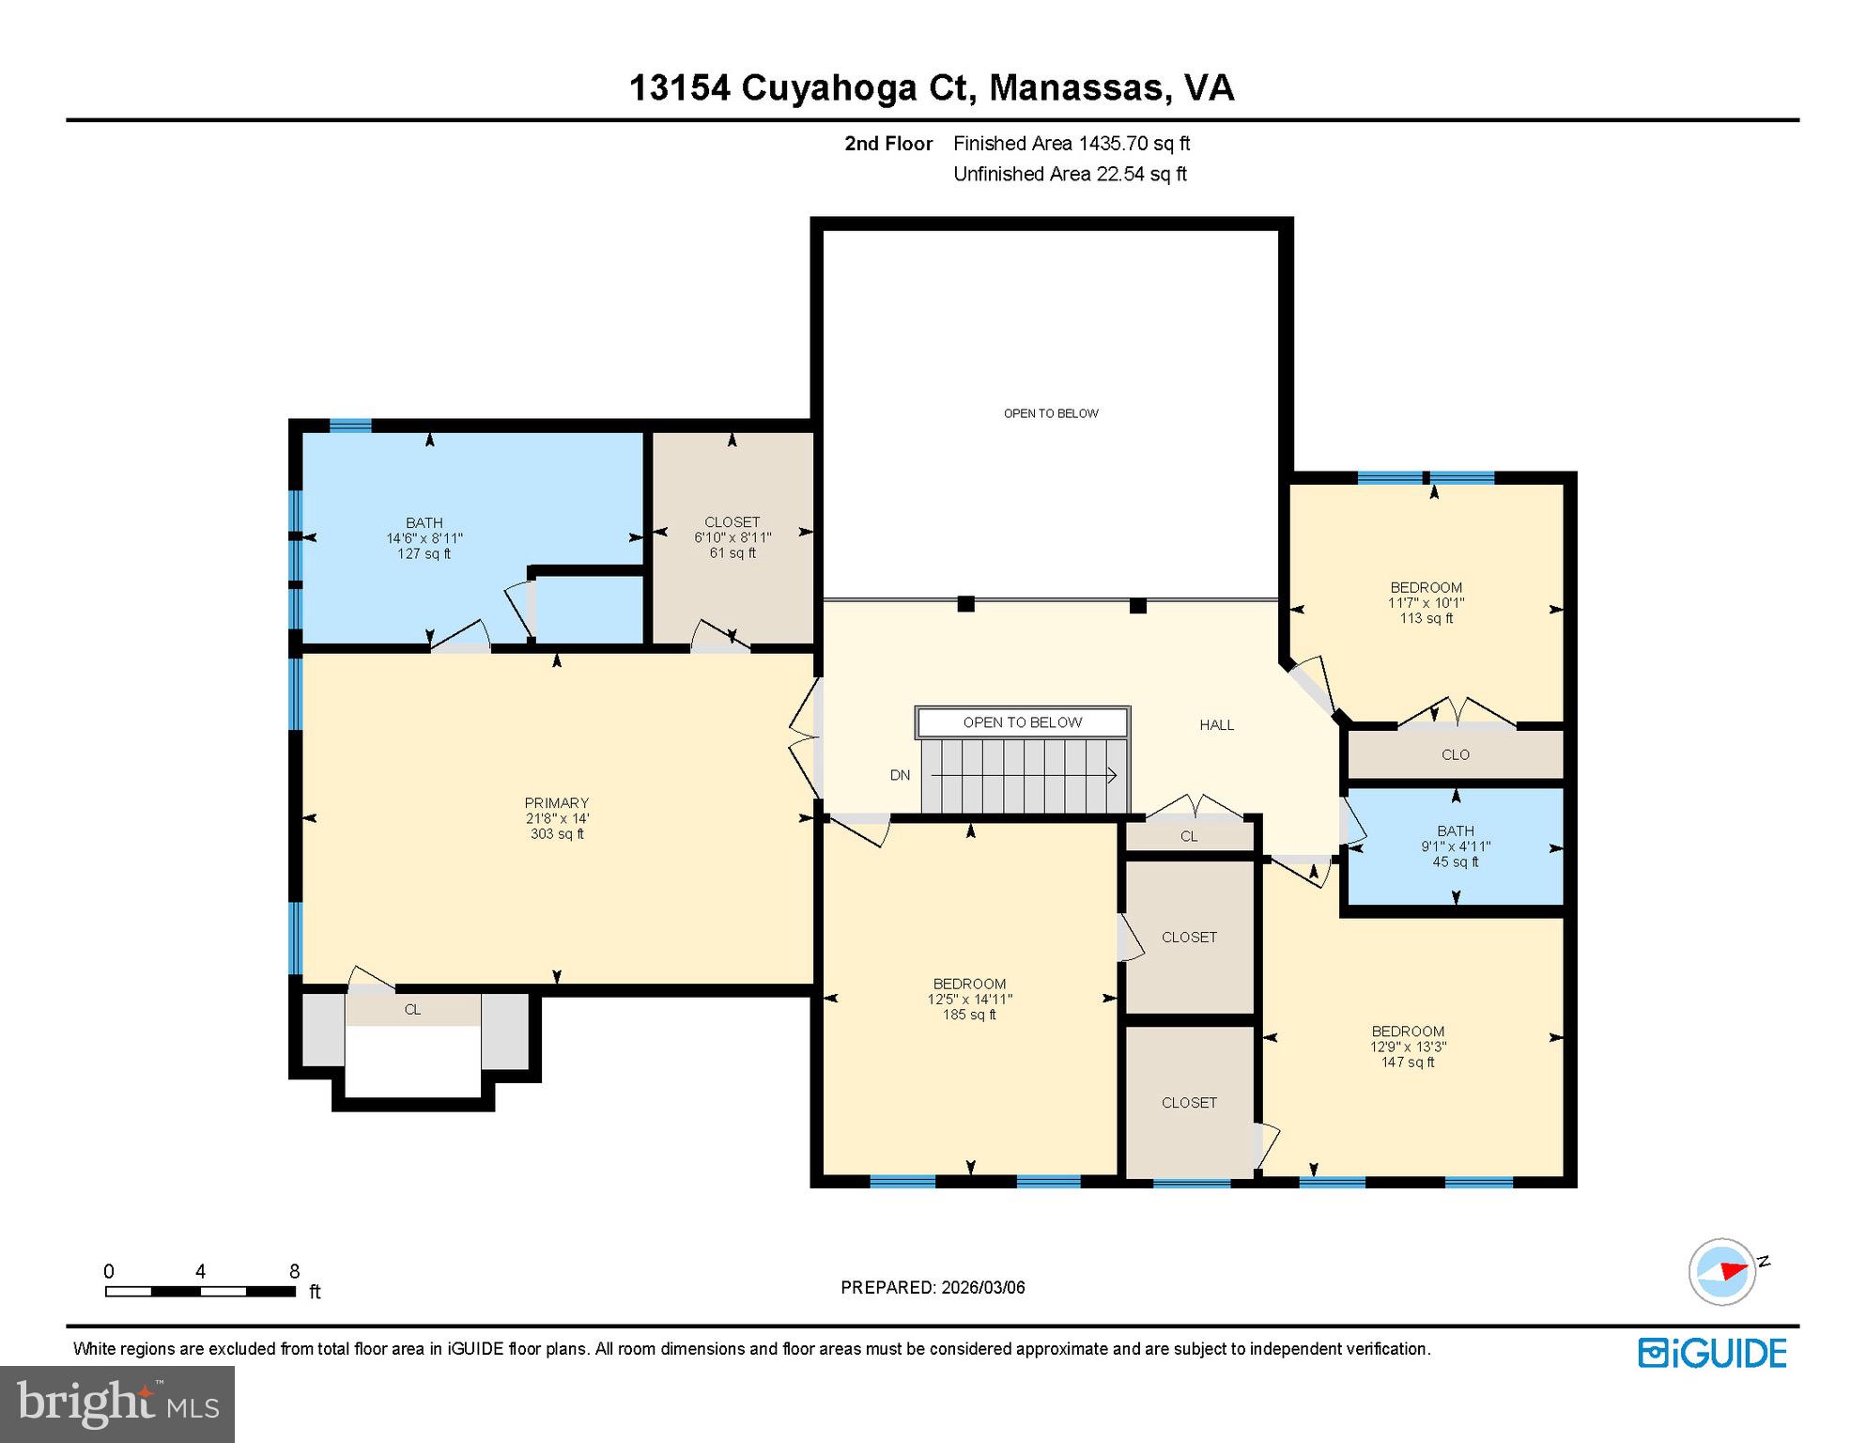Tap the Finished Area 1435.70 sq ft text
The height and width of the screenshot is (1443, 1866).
coord(1071,144)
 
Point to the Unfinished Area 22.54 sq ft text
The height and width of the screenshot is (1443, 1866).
coord(1070,174)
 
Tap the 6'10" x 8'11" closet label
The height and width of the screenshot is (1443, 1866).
coord(732,537)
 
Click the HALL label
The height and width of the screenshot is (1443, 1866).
coord(1216,724)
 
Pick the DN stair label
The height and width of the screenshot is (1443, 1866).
coord(900,775)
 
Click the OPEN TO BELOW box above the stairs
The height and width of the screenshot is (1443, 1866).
coord(1022,722)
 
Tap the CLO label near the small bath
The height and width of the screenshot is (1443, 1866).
coord(1455,754)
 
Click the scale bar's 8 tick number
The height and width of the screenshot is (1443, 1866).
coord(294,1271)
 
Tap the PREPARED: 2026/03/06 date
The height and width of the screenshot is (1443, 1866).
coord(933,1287)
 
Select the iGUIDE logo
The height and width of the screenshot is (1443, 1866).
coord(1712,1353)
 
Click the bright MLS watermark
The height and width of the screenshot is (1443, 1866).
coord(117,1404)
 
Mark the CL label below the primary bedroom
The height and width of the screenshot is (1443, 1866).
coord(412,1009)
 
